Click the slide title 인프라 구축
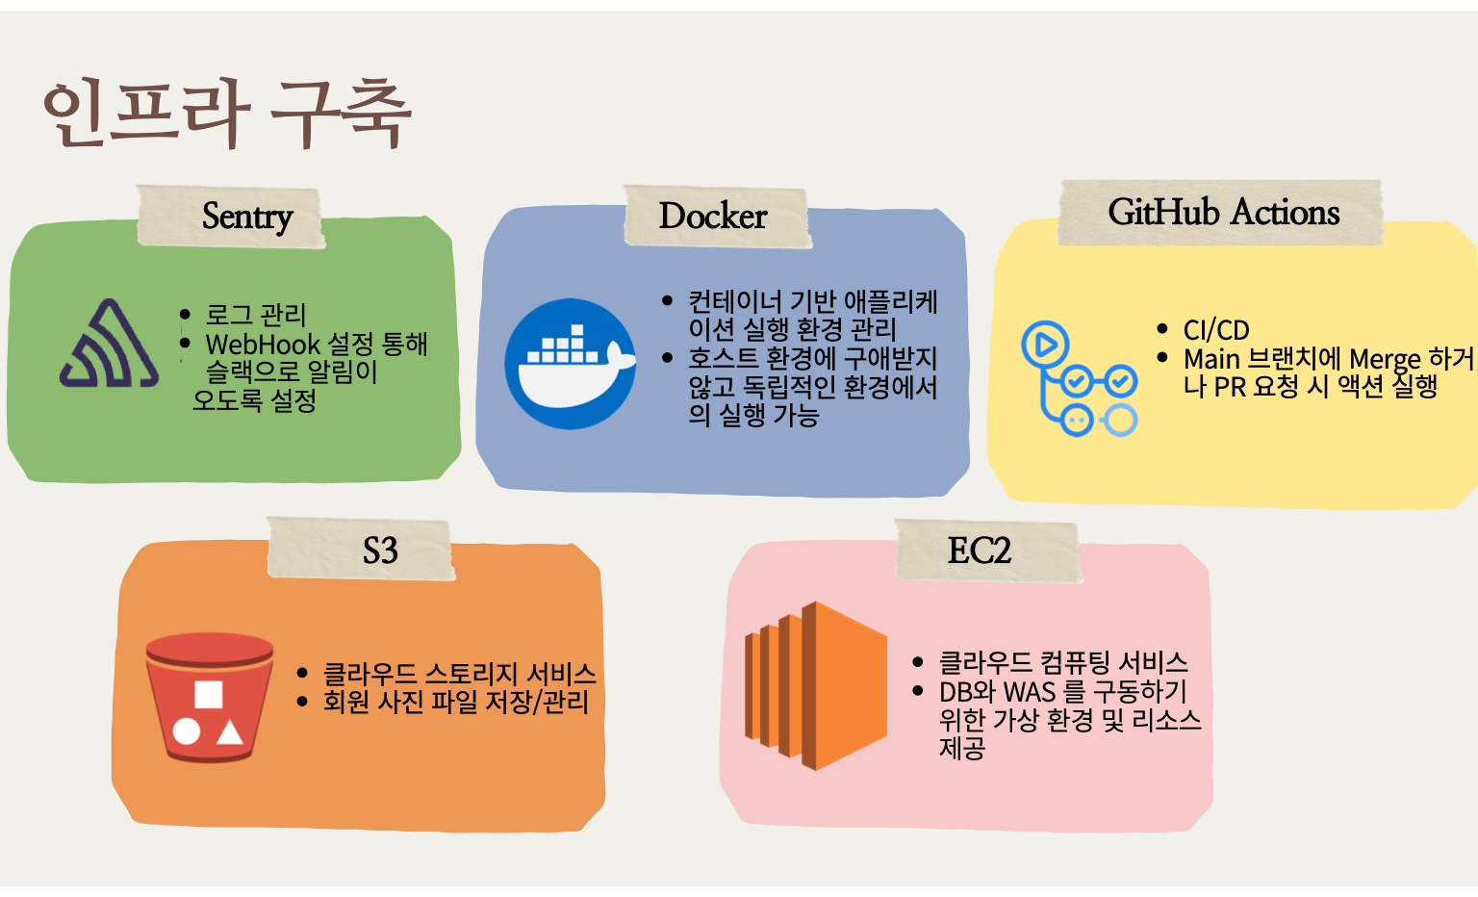[227, 113]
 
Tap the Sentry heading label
[247, 217]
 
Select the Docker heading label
[713, 216]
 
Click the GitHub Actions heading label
[1223, 212]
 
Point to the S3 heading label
[380, 551]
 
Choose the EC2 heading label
[980, 551]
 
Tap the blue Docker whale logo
[571, 364]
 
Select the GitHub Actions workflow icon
[1080, 379]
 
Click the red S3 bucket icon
[209, 697]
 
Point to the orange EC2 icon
[815, 685]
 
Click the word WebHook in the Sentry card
[263, 345]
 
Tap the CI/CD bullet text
[1216, 330]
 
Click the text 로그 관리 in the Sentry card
[256, 315]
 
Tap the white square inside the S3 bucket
[209, 694]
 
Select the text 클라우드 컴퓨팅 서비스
[1063, 663]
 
